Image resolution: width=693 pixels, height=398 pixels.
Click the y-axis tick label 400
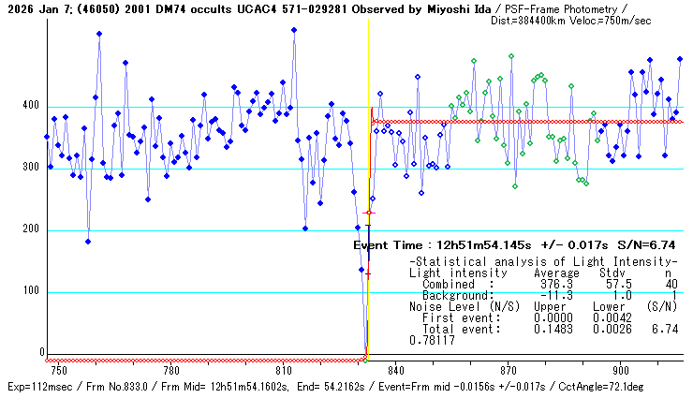click(32, 107)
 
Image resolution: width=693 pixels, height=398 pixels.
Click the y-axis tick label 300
click(32, 169)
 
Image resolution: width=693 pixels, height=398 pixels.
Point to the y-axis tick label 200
click(32, 230)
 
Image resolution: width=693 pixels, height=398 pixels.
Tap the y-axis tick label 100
click(32, 292)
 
